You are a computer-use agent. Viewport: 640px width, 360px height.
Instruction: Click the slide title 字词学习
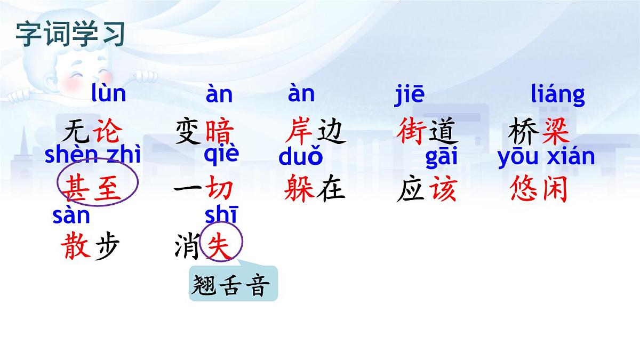click(70, 34)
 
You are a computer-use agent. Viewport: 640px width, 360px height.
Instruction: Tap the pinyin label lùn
click(109, 93)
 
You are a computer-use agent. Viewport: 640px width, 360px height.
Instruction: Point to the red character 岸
click(299, 132)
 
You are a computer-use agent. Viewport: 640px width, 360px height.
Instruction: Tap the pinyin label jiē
click(410, 94)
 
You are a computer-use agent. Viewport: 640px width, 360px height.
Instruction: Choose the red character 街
click(411, 132)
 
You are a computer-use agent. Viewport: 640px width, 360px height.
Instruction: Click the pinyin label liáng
click(558, 95)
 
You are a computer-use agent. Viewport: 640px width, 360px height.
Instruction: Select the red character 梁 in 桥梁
click(555, 132)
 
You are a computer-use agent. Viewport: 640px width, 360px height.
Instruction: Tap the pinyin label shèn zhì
click(93, 155)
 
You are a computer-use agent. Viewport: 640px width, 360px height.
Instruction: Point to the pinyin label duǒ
click(301, 157)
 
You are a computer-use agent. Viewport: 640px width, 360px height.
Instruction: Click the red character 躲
click(299, 189)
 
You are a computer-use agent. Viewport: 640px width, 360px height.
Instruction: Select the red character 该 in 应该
click(444, 189)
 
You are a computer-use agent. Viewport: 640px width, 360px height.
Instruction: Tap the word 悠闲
click(539, 189)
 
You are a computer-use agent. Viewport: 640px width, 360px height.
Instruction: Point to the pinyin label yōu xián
click(546, 157)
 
